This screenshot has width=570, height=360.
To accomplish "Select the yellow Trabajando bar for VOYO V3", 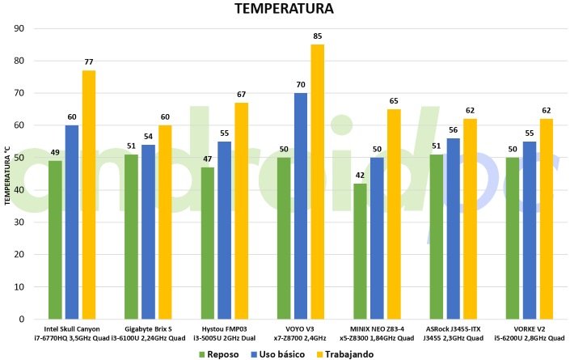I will (318, 182).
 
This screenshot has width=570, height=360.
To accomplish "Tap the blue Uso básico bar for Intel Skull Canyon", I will (72, 222).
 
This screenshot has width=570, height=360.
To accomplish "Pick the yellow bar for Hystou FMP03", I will (242, 211).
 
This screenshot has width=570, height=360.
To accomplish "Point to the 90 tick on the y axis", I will (20, 28).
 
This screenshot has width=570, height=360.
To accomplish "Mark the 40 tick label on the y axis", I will (20, 190).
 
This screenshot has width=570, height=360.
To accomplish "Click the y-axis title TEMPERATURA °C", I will (7, 174).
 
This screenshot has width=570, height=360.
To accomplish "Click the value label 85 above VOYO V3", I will (318, 36).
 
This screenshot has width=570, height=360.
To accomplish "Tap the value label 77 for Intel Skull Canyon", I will (89, 61).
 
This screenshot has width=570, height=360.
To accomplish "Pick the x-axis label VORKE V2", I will (530, 329).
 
